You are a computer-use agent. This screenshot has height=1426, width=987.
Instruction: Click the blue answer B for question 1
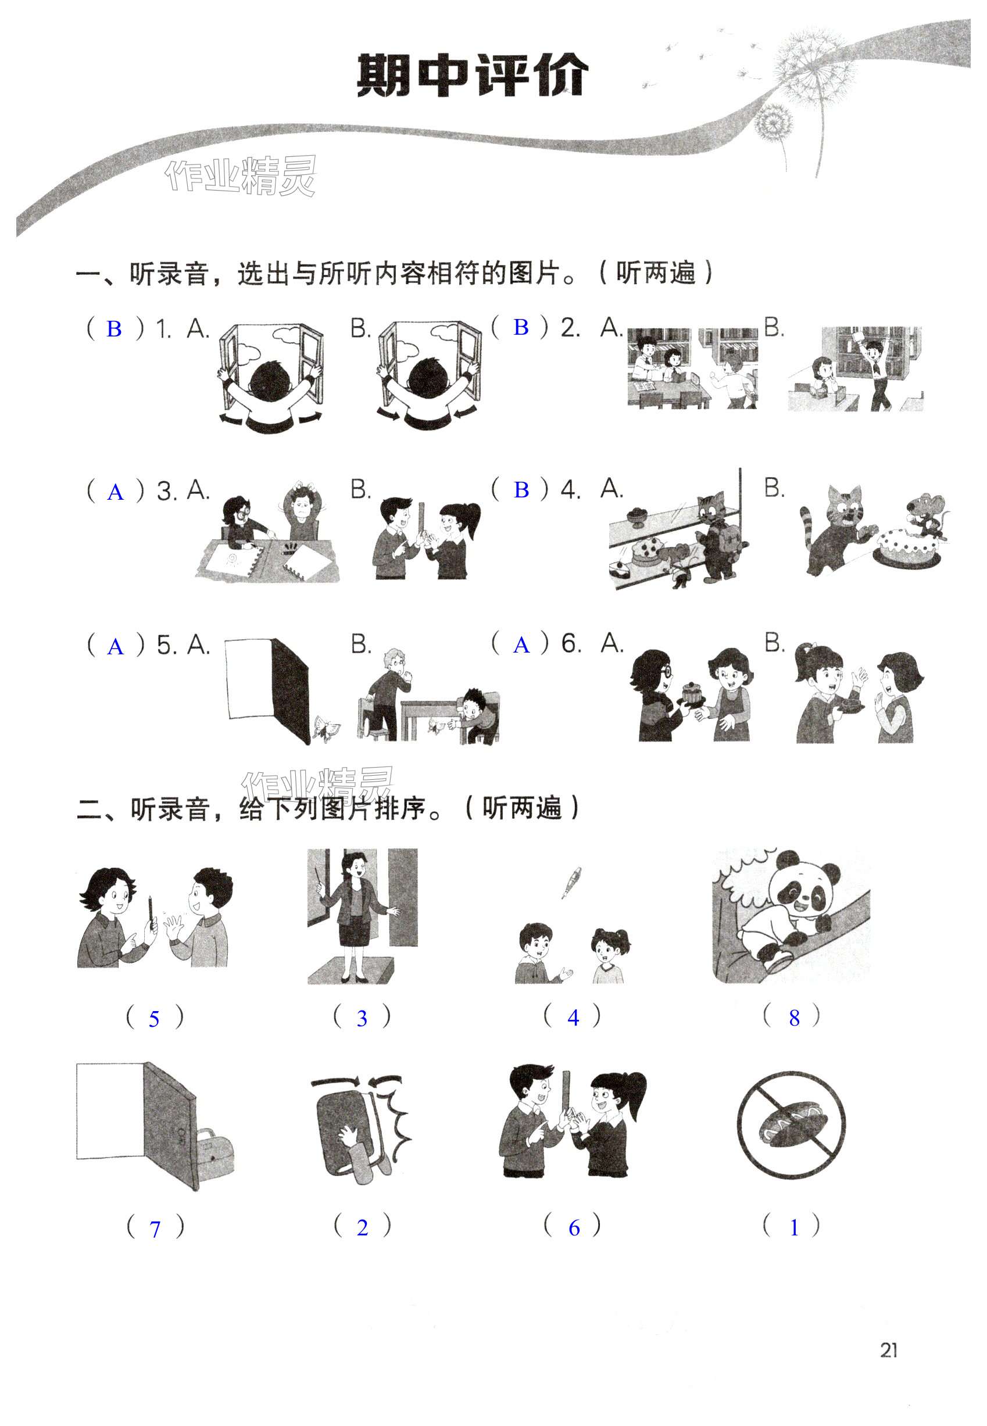coord(114,329)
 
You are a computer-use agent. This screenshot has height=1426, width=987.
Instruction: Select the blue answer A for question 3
coord(116,492)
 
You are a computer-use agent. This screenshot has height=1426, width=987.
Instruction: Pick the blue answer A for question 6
coord(521,646)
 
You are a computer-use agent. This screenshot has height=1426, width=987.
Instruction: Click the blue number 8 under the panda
coord(794,1018)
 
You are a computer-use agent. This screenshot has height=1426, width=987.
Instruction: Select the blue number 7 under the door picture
coord(155,1229)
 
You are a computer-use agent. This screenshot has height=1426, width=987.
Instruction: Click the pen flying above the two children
coord(571,882)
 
